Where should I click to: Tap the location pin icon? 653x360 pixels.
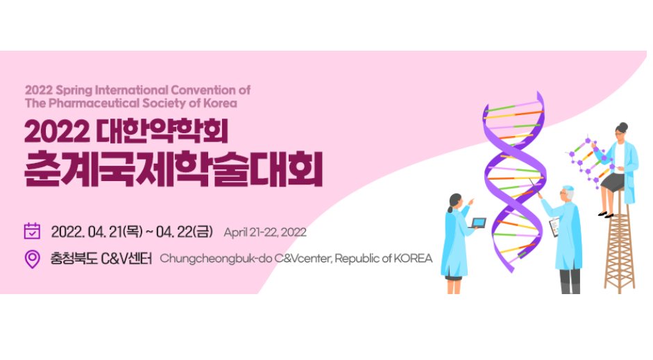tap(32, 259)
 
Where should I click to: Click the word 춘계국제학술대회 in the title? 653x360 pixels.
tap(173, 169)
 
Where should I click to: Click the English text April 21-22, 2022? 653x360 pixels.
tap(264, 232)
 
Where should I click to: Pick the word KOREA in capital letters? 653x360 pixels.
tap(412, 259)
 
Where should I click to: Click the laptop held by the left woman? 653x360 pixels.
tap(478, 223)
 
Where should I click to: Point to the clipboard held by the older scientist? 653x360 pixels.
tap(554, 226)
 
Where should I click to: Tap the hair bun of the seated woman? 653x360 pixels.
tap(622, 126)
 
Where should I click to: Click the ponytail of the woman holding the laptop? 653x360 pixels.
tap(451, 206)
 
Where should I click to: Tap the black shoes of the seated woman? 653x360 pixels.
tap(605, 214)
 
